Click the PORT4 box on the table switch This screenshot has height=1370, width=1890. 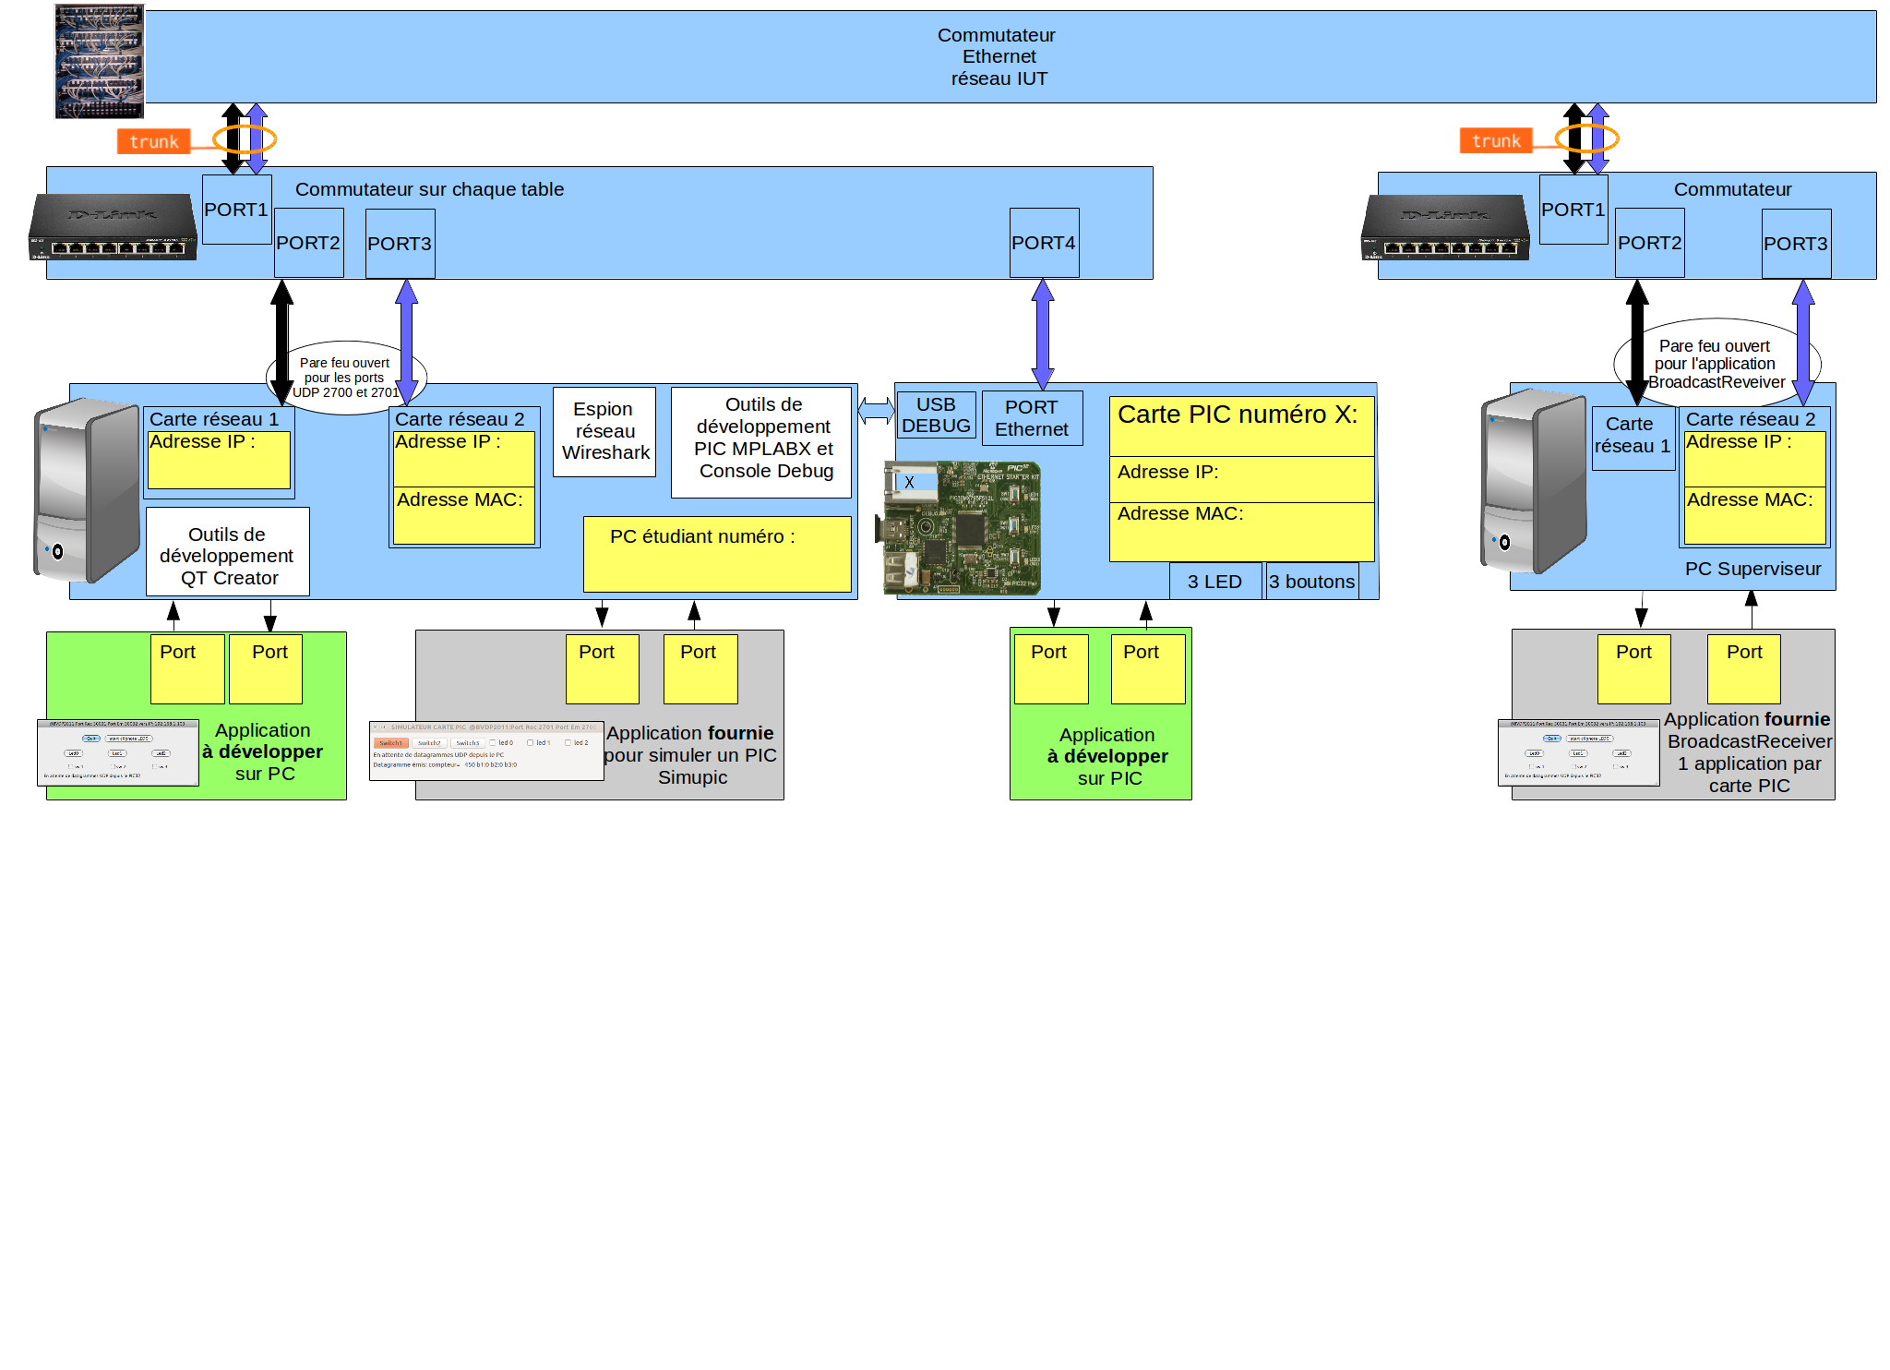tap(1044, 243)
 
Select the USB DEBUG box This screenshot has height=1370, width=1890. tap(936, 415)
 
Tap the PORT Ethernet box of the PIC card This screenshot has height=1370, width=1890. tap(1032, 418)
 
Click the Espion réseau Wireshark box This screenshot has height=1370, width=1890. tap(604, 431)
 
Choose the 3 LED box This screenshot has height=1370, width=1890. tap(1214, 582)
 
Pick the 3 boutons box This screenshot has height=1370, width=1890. tap(1311, 582)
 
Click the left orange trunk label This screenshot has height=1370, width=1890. tap(153, 141)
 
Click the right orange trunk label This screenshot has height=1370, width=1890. tap(1495, 140)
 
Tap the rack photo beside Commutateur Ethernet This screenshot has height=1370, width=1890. tap(99, 62)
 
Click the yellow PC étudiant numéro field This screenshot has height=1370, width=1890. tap(716, 554)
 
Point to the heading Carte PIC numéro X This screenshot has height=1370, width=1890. tap(1238, 415)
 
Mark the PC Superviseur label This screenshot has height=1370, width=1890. tap(1752, 569)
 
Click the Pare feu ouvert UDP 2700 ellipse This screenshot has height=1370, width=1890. tap(345, 378)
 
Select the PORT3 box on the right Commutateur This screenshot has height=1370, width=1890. tap(1795, 244)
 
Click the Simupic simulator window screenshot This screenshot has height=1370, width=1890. tap(485, 751)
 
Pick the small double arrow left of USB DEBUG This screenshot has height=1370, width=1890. tap(876, 410)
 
